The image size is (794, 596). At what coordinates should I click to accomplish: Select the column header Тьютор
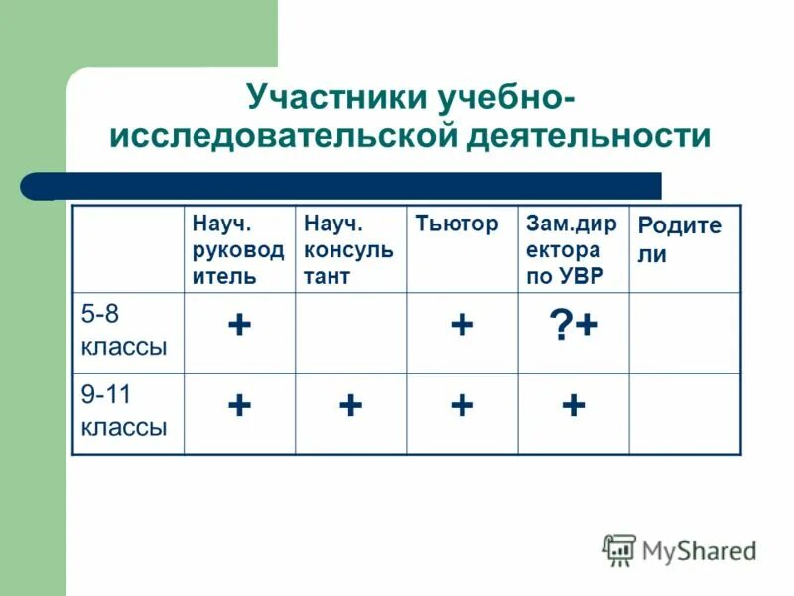(457, 224)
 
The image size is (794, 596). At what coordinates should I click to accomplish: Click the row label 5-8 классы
(124, 332)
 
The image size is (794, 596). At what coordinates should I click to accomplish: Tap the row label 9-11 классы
(124, 413)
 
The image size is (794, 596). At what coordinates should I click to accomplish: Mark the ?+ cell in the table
(573, 326)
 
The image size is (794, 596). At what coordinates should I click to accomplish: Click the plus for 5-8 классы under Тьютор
(461, 326)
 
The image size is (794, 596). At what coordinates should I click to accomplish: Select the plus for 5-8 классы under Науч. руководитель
(238, 326)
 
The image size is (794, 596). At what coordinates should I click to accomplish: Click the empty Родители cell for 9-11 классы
(685, 413)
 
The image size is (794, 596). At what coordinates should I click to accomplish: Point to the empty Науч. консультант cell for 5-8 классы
(350, 332)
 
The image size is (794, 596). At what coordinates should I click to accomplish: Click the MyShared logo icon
(619, 550)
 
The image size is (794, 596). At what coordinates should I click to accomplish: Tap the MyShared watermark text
(699, 551)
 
